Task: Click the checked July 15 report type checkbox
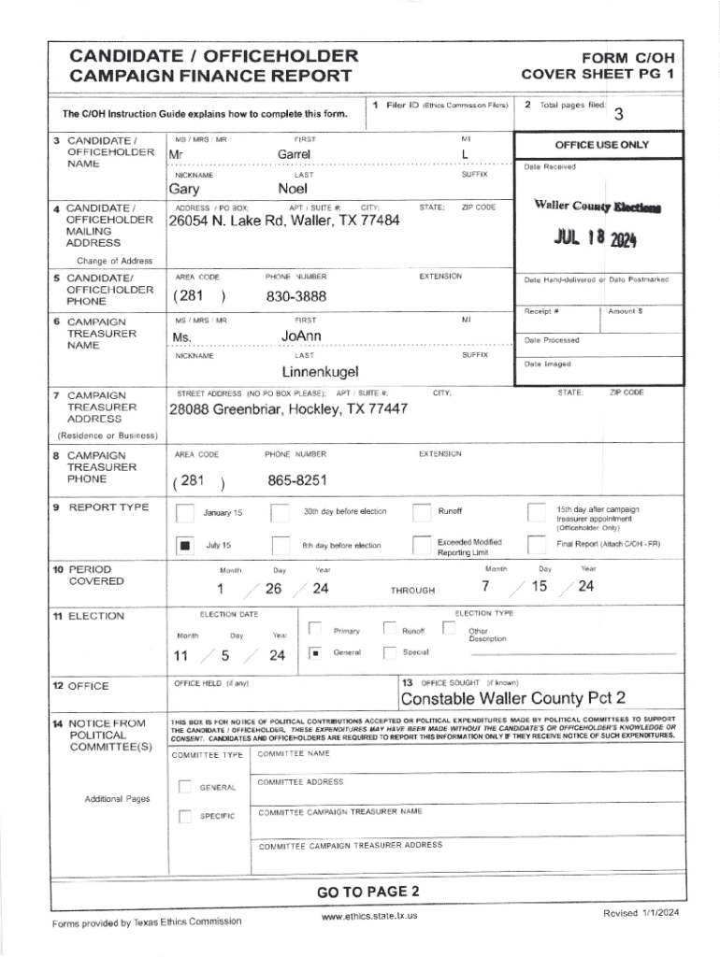pyautogui.click(x=186, y=545)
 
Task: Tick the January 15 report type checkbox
pyautogui.click(x=186, y=512)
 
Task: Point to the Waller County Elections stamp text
pyautogui.click(x=583, y=207)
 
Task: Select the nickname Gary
pyautogui.click(x=183, y=190)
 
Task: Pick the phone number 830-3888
pyautogui.click(x=296, y=295)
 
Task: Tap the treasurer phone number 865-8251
pyautogui.click(x=297, y=480)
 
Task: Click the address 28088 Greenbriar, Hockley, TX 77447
pyautogui.click(x=287, y=410)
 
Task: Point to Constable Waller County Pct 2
pyautogui.click(x=513, y=699)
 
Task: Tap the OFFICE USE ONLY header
pyautogui.click(x=601, y=145)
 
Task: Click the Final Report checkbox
pyautogui.click(x=536, y=545)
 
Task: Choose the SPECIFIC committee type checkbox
pyautogui.click(x=185, y=818)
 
